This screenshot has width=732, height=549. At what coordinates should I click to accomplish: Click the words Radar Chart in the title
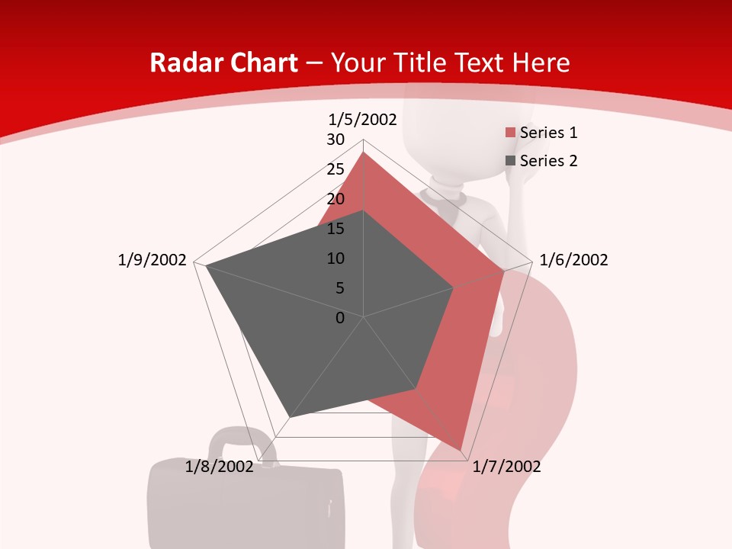tap(223, 63)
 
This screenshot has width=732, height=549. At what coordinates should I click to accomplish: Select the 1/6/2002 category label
tap(573, 260)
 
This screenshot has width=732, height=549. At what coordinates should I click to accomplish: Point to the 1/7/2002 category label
tap(506, 467)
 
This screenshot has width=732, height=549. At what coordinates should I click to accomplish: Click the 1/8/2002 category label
tap(219, 467)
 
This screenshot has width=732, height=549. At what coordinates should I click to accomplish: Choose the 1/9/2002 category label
tap(152, 260)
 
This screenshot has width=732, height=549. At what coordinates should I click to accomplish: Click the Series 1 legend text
tap(548, 133)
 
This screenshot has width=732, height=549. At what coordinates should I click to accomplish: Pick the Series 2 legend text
tap(548, 161)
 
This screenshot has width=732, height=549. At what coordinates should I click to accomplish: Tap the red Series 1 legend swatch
tap(510, 133)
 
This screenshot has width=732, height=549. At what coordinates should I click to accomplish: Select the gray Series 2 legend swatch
tap(510, 162)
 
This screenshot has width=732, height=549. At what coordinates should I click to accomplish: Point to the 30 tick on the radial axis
tap(335, 140)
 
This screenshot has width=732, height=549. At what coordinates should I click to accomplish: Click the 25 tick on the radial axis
tap(335, 169)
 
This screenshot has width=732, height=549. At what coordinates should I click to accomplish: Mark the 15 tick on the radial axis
tap(335, 229)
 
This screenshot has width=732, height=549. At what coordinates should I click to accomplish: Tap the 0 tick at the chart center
tap(340, 317)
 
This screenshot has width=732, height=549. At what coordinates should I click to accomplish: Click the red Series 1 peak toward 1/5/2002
tap(363, 152)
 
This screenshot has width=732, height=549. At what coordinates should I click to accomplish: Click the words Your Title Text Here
tap(450, 63)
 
